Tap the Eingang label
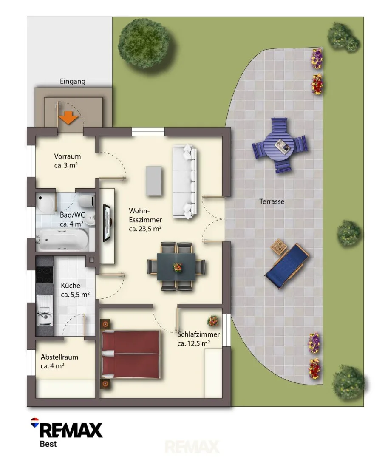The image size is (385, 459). tap(73, 81)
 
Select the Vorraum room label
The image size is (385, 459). tap(67, 156)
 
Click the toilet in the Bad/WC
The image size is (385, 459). tap(86, 201)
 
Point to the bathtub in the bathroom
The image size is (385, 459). tap(62, 240)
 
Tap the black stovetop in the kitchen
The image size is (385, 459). tap(45, 275)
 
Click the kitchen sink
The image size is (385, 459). tap(45, 310)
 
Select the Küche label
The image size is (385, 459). tap(70, 286)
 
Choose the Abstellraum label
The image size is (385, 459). tap(59, 357)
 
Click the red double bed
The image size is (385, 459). tap(130, 354)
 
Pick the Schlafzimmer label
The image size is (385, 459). tap(198, 334)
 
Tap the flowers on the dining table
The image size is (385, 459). tap(178, 267)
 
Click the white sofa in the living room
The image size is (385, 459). tap(184, 181)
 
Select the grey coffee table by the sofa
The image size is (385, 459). tap(154, 181)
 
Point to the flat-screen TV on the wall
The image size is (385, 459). tap(107, 223)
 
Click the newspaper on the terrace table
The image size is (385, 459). tap(281, 146)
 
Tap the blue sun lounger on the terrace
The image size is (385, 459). tap(287, 266)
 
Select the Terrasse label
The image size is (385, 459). tap(272, 201)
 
